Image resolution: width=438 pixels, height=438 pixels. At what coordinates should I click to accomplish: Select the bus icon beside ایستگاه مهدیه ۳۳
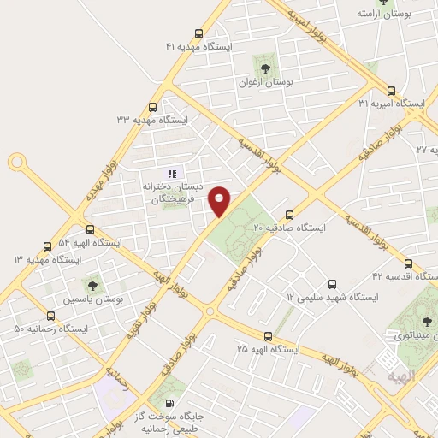(x=152, y=108)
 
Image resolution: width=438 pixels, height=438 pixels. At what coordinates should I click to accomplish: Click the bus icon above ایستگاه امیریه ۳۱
(x=392, y=90)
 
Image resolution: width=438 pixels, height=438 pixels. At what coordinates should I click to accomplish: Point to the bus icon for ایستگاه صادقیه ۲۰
(x=289, y=216)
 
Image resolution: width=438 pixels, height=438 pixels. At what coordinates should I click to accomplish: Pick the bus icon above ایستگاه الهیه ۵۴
(x=92, y=228)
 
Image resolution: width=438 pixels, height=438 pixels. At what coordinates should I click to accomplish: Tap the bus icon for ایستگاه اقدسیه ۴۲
(x=408, y=263)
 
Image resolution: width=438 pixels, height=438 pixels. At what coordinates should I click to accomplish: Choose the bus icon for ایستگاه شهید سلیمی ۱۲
(x=332, y=284)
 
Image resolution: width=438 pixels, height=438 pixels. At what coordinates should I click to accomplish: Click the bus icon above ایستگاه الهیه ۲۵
(x=268, y=336)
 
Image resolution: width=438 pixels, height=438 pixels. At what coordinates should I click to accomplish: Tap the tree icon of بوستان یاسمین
(x=92, y=286)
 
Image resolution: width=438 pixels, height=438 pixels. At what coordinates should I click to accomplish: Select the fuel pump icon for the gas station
(x=169, y=403)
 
